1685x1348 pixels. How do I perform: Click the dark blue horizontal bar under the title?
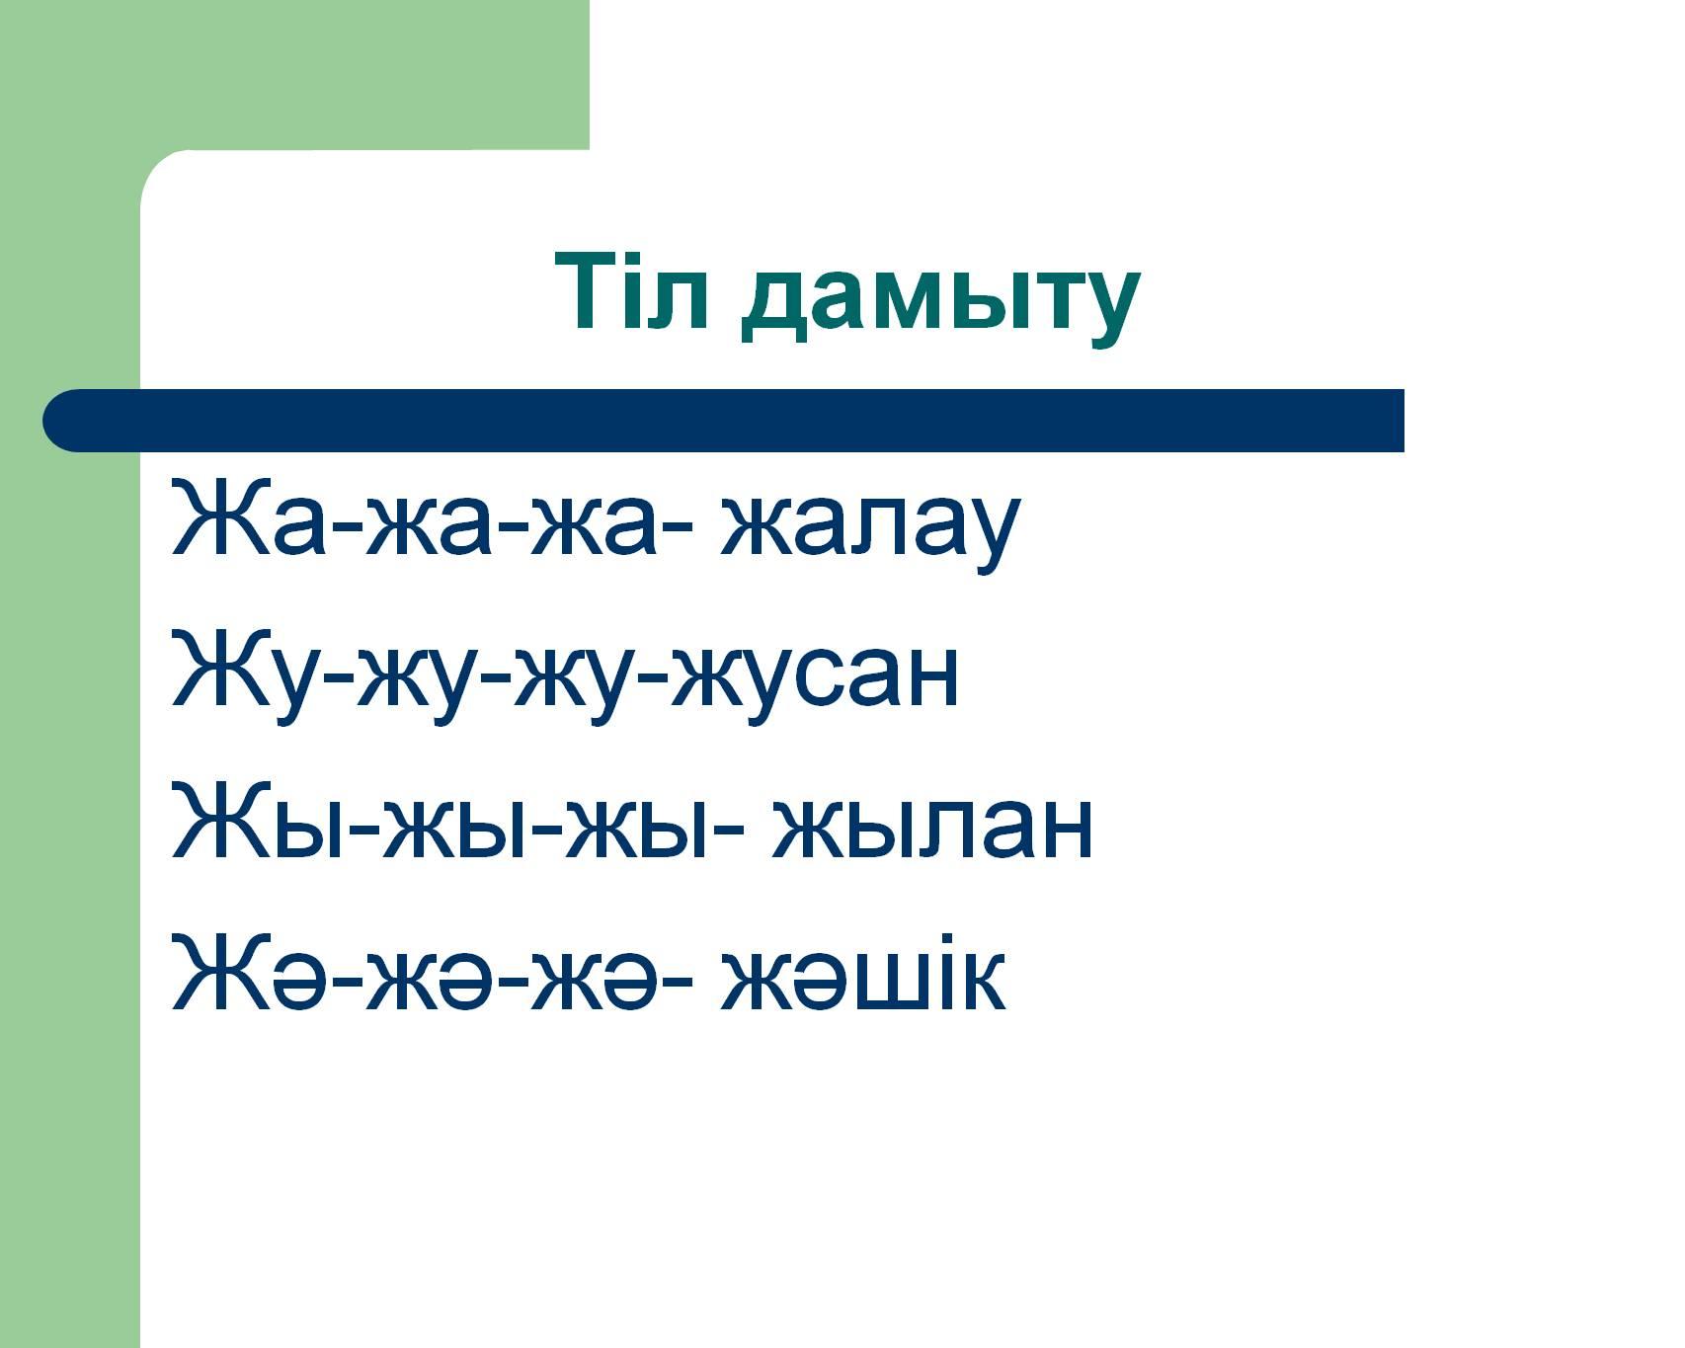point(723,421)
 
